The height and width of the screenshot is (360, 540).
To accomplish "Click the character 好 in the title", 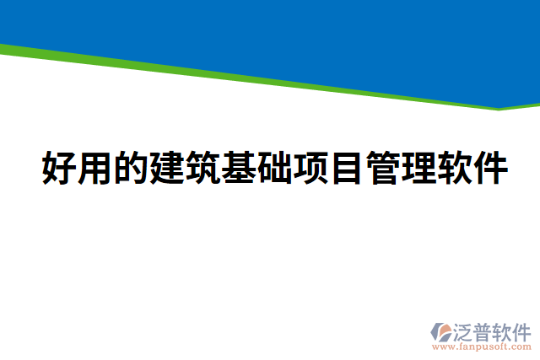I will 58,169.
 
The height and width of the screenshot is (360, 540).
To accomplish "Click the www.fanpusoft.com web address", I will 481,347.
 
